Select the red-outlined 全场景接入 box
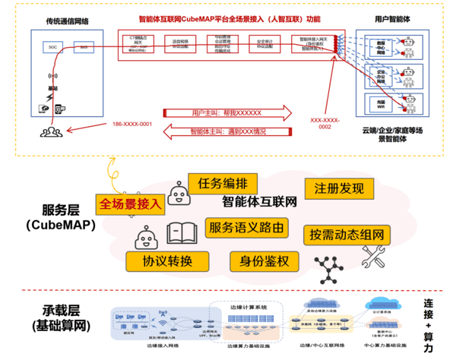[x=129, y=204]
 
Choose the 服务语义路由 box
[x=249, y=227]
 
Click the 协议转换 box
[x=173, y=261]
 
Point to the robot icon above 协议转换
[x=147, y=241]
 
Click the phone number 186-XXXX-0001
[x=132, y=125]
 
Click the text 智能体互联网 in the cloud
[x=258, y=203]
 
